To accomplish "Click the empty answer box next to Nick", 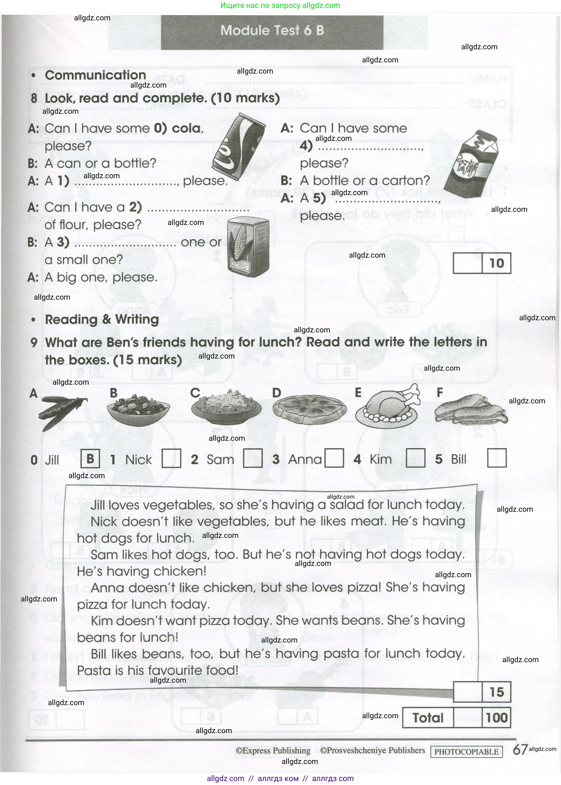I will coord(171,458).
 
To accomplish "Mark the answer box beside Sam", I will coord(252,458).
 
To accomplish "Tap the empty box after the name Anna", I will coord(334,458).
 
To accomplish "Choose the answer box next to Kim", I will coord(415,458).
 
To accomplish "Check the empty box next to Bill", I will coord(496,458).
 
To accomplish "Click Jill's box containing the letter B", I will coord(90,458).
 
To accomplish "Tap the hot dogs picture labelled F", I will coord(471,409).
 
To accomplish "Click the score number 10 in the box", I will coord(496,263).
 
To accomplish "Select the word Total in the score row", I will coord(428,718).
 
